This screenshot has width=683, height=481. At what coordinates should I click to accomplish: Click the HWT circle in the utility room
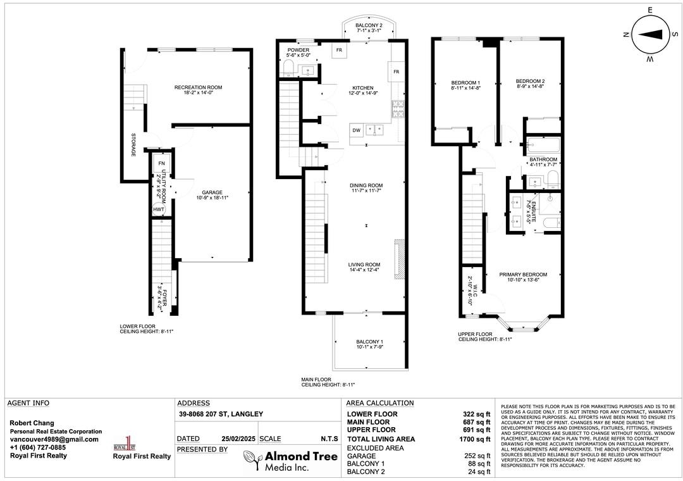(x=159, y=209)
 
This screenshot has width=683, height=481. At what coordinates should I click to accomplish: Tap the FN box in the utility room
(x=162, y=163)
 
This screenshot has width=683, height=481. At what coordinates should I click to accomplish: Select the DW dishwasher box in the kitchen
(x=356, y=130)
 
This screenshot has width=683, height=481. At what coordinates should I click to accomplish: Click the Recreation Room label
(x=198, y=90)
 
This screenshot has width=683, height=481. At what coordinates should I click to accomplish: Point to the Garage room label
(x=212, y=195)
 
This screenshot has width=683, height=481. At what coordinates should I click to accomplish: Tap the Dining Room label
(x=366, y=188)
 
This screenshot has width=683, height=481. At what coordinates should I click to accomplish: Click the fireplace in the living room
(x=399, y=259)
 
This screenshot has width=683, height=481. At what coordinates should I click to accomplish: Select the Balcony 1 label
(x=370, y=344)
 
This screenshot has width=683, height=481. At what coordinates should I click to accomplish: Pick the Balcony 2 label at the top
(x=369, y=28)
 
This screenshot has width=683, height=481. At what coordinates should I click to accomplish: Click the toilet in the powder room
(x=288, y=68)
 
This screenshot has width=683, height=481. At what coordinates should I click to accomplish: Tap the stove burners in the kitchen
(x=398, y=109)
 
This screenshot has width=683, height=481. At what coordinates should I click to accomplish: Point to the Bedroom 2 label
(x=530, y=84)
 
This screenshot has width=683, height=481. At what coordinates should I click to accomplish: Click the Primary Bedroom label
(x=523, y=277)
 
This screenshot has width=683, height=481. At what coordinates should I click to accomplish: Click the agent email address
(x=54, y=439)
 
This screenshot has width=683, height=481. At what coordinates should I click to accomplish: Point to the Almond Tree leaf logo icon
(x=252, y=460)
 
